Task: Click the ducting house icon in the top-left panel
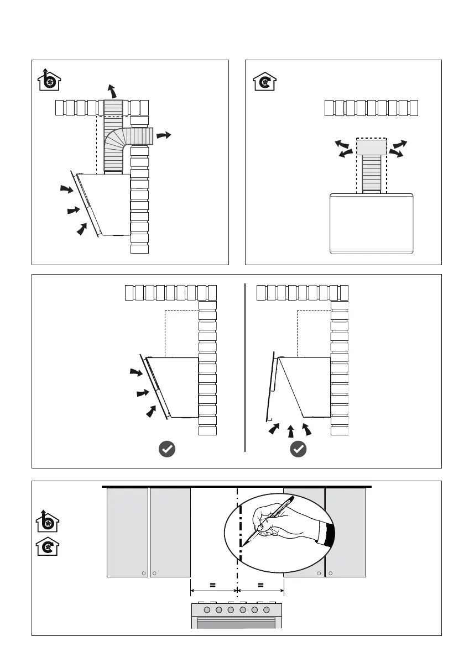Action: coord(49,81)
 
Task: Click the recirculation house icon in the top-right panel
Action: coord(264,81)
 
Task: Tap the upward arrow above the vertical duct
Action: coord(113,90)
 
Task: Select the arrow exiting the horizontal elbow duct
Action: coord(164,135)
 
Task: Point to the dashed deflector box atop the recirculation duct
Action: coord(371,146)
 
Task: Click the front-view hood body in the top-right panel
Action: coord(371,223)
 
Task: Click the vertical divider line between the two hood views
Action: coord(244,367)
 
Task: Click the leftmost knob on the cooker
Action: coord(207,610)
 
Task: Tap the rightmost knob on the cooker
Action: coord(267,610)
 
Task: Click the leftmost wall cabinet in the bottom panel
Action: coord(127,532)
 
